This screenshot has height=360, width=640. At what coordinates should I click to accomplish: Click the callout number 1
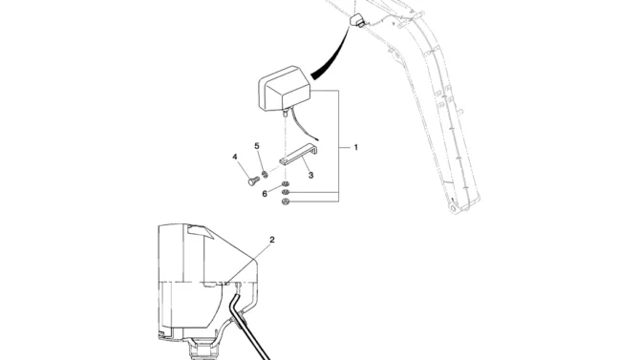click(x=355, y=147)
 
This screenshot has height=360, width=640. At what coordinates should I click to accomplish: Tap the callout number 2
click(x=272, y=240)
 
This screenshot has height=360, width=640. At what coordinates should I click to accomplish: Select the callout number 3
click(x=311, y=175)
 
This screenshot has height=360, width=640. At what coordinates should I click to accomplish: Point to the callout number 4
click(x=235, y=158)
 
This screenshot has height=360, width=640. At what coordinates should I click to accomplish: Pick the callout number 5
click(x=257, y=146)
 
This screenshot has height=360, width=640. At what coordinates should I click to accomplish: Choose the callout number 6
click(x=265, y=194)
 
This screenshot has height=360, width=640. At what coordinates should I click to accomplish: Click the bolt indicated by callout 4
click(x=253, y=180)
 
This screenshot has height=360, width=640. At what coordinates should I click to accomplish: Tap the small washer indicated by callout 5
click(x=266, y=175)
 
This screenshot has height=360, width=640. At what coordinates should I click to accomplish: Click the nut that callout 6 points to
click(x=286, y=184)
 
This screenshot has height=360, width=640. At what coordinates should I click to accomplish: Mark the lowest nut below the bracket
click(x=286, y=201)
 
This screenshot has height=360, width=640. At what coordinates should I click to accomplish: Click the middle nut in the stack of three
click(x=286, y=192)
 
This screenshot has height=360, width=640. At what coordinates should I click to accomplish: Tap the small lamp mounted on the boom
click(x=356, y=20)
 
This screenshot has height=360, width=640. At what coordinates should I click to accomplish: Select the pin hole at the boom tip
click(x=453, y=208)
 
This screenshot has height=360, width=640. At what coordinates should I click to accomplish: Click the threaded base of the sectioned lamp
click(x=202, y=351)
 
